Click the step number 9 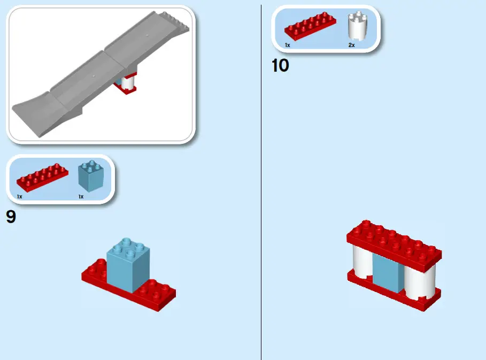(x=11, y=217)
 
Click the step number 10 (x=280, y=65)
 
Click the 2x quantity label (x=351, y=45)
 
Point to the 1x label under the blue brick (x=81, y=197)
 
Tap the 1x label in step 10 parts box (x=287, y=45)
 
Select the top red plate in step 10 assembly (x=395, y=243)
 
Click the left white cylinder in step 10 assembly (x=361, y=263)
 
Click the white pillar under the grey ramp (x=128, y=82)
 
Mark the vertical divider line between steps (x=261, y=214)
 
